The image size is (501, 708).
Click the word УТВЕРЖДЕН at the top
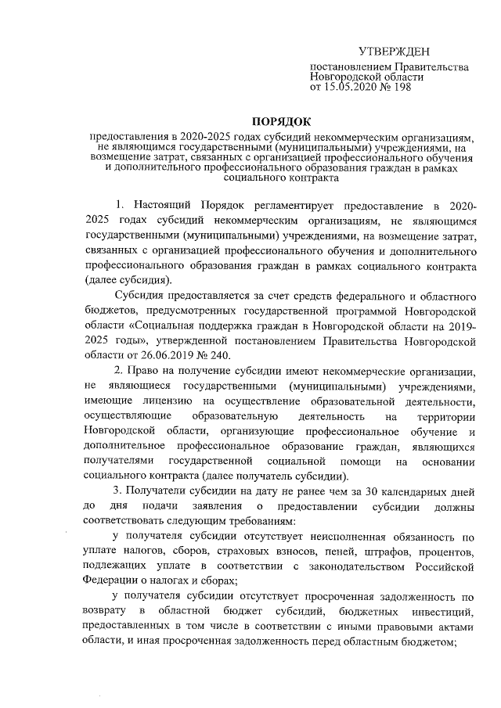pos(395,51)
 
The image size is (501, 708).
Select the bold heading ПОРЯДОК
pos(279,121)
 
